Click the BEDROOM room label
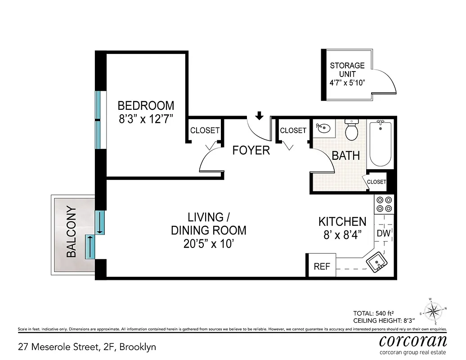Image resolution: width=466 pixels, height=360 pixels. (146, 106)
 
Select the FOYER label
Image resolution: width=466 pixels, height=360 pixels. (251, 150)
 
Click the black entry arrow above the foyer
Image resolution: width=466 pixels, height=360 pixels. (259, 117)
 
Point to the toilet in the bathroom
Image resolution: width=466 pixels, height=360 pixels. (351, 130)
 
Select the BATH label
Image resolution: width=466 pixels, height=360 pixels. (346, 156)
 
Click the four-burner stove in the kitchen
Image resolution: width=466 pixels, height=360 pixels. (384, 204)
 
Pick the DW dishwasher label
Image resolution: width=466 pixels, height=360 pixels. (383, 234)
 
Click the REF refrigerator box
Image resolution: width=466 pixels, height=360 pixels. (322, 266)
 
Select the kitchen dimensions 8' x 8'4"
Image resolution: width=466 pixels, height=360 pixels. (342, 234)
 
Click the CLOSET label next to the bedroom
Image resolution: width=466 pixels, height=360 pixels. (205, 130)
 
